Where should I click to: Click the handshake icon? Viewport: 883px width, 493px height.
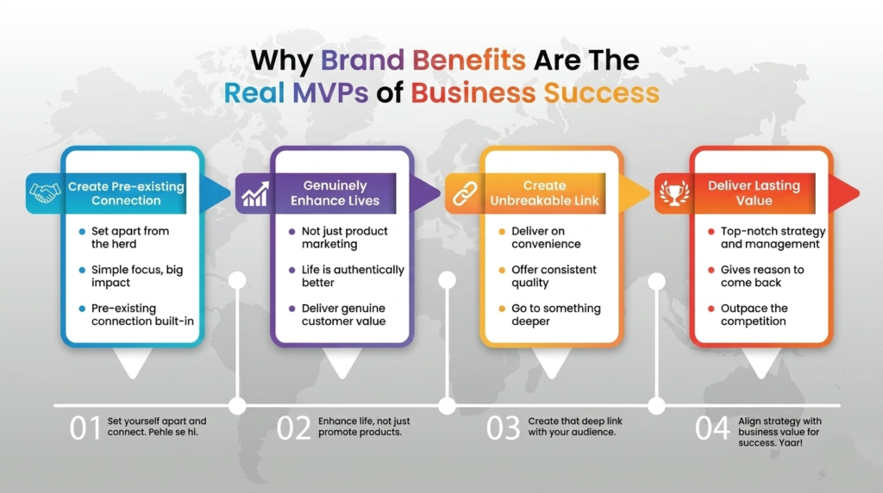pos(45,193)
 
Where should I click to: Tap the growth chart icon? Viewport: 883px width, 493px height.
pos(255,194)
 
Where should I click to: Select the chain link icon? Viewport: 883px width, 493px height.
pos(465,194)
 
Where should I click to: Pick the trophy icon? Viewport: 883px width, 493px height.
pos(674,193)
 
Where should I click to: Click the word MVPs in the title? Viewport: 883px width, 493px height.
pos(330,93)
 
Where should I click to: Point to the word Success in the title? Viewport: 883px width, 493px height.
pos(601,93)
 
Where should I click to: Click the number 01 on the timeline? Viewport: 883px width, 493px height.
pos(85,428)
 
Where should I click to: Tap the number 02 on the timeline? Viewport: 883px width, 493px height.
pos(293,428)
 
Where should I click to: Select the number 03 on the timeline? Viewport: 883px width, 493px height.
pos(504,428)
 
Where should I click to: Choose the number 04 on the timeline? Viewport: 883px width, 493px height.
pos(712,428)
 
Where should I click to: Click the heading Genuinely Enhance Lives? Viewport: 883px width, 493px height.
pos(335,193)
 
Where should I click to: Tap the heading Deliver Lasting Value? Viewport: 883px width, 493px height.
pos(754,193)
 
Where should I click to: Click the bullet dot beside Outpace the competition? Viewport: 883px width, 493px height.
pos(711,309)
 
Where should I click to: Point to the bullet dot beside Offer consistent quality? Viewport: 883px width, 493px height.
pos(502,270)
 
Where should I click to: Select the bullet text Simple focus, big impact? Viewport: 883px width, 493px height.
pos(137,276)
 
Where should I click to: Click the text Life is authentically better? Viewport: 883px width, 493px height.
pos(353,276)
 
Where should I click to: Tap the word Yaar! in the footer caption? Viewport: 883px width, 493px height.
pos(791,443)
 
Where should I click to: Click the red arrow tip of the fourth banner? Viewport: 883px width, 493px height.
pos(858,193)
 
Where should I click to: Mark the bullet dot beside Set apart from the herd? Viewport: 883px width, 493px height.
pos(82,231)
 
